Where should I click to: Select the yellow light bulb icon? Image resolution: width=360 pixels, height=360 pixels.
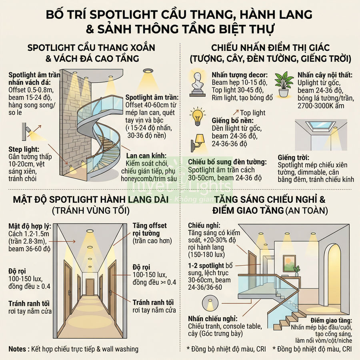pos(197,116)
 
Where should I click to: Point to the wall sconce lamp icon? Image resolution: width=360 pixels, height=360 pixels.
pos(198,142)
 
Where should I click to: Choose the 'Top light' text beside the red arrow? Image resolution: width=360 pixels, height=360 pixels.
pos(253,113)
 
